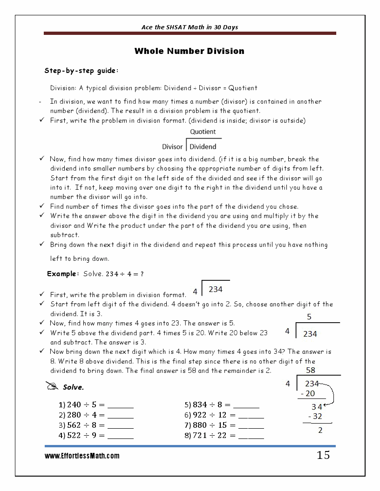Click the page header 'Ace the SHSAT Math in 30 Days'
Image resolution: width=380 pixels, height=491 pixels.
(x=190, y=27)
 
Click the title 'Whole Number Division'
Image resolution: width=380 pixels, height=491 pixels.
(x=189, y=51)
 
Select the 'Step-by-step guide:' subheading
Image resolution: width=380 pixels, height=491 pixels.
(x=81, y=71)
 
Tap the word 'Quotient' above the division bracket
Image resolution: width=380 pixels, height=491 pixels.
(x=203, y=132)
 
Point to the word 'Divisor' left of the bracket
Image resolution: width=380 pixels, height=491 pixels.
(x=172, y=147)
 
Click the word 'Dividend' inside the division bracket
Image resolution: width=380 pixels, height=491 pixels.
(x=203, y=147)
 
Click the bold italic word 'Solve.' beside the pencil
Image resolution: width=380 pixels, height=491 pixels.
(x=73, y=387)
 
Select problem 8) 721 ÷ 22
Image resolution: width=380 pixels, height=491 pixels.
(x=210, y=436)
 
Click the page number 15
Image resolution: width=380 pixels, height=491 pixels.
(x=323, y=455)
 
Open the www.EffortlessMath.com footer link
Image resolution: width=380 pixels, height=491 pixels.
(x=82, y=456)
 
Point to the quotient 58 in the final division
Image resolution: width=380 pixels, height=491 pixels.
(x=311, y=370)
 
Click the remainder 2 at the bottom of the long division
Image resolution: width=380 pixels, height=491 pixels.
(x=320, y=431)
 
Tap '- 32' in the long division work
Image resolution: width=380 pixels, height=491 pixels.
(x=315, y=416)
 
